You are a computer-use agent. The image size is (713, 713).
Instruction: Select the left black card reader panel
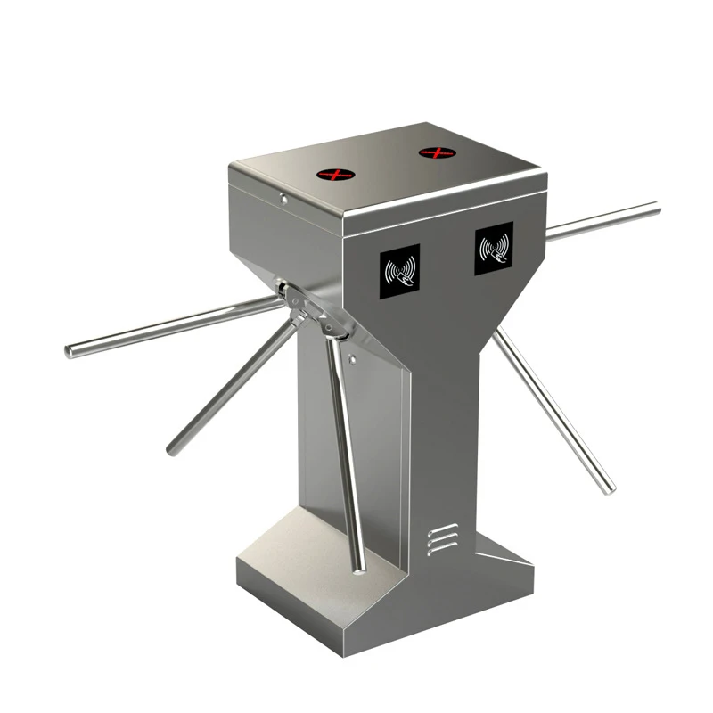(x=399, y=271)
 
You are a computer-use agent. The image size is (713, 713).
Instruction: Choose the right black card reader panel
(x=494, y=248)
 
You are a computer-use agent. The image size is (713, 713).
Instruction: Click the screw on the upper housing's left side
(x=283, y=199)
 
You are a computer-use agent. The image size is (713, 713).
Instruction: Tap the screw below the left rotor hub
(x=354, y=361)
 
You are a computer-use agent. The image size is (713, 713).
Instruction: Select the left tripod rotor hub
(x=307, y=307)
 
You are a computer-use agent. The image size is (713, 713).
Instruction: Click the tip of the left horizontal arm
(x=70, y=352)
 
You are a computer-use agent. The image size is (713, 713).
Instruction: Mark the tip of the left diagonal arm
(x=171, y=450)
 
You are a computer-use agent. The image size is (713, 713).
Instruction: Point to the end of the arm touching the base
(x=358, y=567)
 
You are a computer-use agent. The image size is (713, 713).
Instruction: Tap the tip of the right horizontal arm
(x=656, y=209)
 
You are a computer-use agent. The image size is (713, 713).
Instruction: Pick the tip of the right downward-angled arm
(x=609, y=488)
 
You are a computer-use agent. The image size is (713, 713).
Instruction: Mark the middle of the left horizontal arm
(x=178, y=327)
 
